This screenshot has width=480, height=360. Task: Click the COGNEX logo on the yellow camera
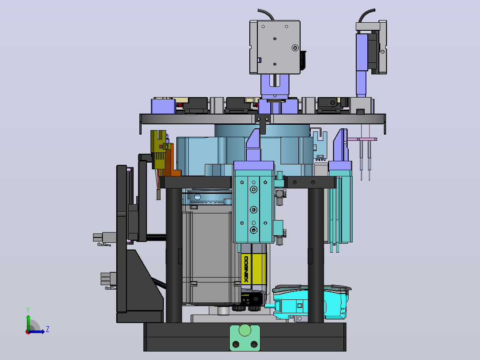point(246,269)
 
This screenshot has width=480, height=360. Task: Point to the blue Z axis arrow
point(37,331)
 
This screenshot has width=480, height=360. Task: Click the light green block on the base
point(245,338)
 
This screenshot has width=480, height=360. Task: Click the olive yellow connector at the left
point(159,149)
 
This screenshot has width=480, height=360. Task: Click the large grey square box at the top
point(275,47)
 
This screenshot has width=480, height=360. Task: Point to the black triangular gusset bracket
point(144,280)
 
